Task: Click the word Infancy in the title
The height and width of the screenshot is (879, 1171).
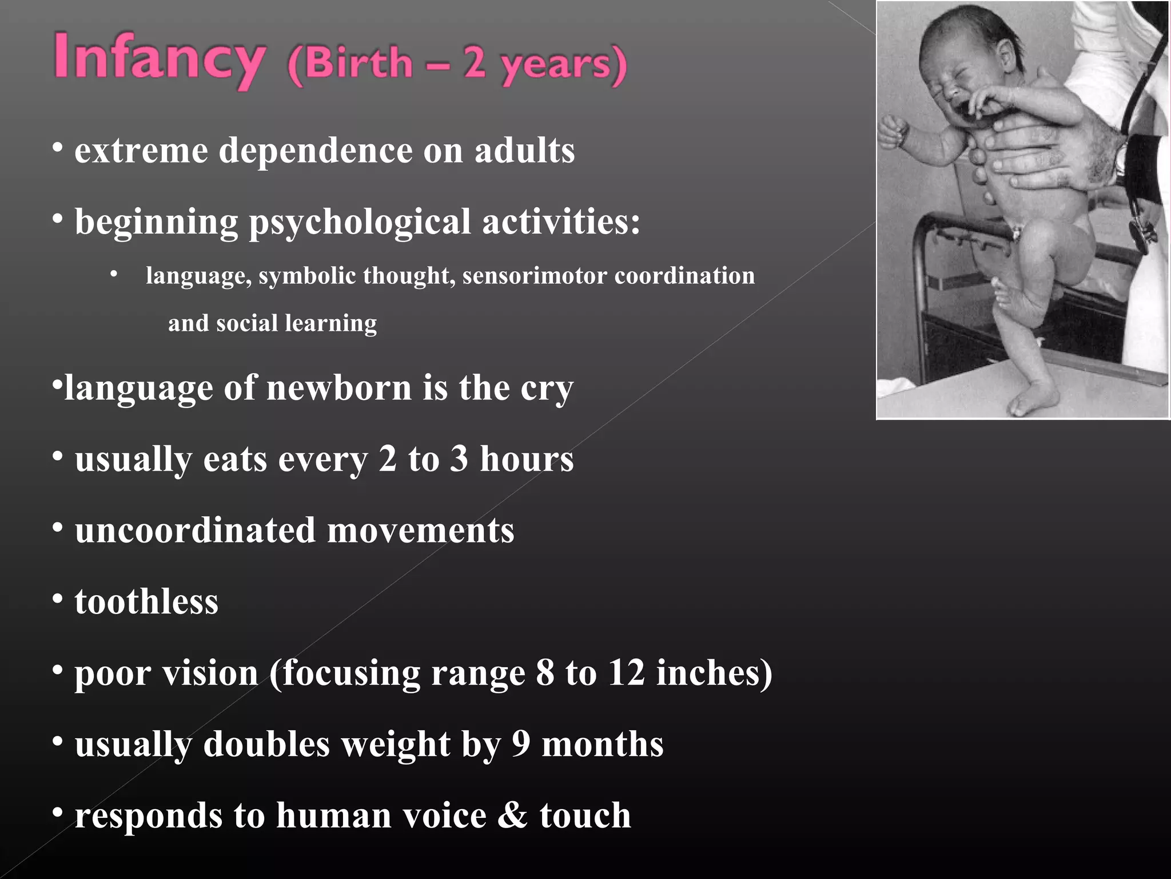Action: point(160,60)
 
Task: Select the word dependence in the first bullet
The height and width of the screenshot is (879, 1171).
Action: point(316,151)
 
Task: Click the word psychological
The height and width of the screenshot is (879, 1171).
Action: point(360,222)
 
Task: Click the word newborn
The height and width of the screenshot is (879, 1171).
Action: point(339,387)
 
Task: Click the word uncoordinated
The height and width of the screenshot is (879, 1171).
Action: point(195,530)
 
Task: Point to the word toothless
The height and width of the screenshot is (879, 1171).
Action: point(146,601)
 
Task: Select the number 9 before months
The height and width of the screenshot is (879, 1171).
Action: point(521,744)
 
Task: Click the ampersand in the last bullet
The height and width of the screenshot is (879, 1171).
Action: point(513,815)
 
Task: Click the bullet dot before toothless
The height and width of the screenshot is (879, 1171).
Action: point(57,599)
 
